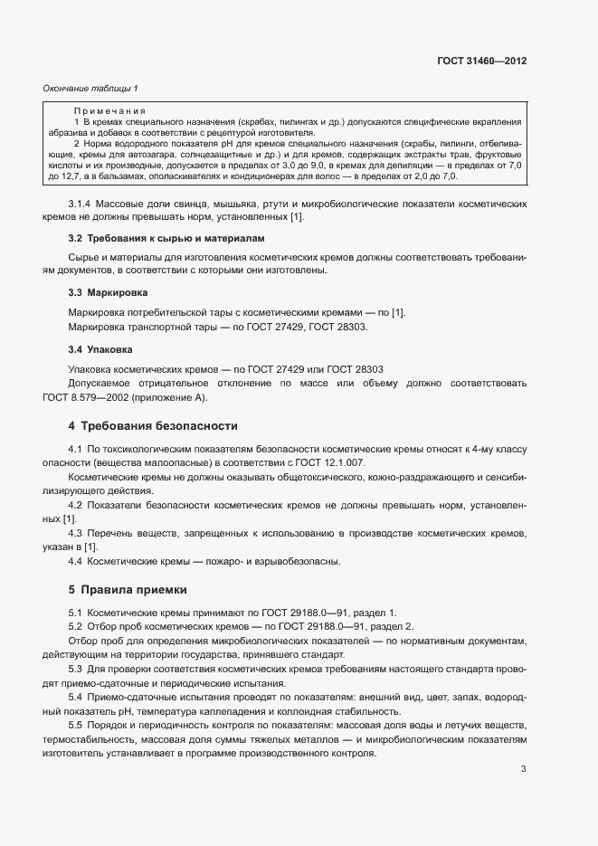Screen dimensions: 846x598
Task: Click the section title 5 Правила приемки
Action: (x=128, y=590)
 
